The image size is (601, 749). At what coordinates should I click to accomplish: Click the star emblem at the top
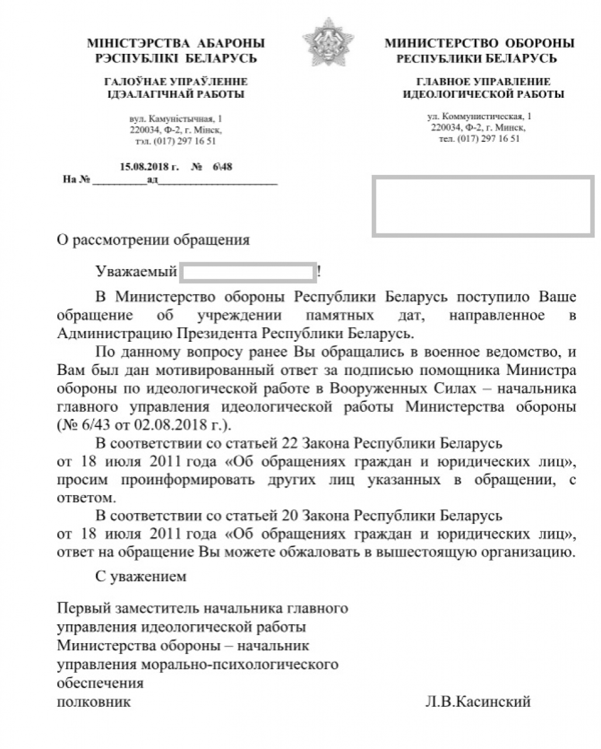point(320,42)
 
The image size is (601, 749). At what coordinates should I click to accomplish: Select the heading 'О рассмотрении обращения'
point(153,240)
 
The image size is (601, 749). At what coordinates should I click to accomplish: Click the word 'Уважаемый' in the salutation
point(136,272)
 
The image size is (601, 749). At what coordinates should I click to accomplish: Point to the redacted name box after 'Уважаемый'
point(249,272)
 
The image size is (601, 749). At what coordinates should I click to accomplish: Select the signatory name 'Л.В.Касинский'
point(478,702)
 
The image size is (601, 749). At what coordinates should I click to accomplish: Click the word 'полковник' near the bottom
point(94,702)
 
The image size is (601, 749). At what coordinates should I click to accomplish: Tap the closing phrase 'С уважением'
point(141,576)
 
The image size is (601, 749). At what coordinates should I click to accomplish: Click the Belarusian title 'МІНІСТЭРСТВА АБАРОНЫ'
point(175,43)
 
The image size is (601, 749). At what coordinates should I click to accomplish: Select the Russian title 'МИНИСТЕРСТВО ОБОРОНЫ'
point(479,43)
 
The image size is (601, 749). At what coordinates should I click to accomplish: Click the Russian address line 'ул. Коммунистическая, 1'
point(479,116)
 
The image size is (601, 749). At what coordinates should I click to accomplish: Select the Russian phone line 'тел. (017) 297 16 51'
point(479,139)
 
